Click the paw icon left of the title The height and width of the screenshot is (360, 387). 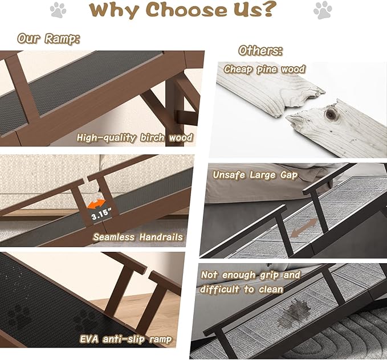58,10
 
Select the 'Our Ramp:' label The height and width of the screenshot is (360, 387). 48,39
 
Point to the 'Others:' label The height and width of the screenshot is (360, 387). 260,50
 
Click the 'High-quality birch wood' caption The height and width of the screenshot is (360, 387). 135,137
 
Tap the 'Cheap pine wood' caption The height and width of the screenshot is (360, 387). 264,69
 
